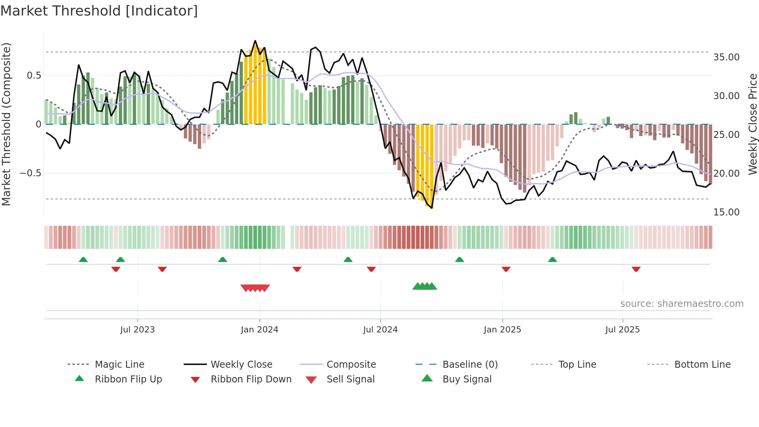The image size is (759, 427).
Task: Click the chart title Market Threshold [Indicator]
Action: (99, 11)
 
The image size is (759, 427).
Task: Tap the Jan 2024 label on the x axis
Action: (259, 330)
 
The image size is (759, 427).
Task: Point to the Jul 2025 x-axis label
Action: (622, 330)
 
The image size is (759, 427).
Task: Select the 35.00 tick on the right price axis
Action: (726, 57)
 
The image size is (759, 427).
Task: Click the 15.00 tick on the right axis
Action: (726, 212)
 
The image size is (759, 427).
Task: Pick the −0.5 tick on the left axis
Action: (30, 173)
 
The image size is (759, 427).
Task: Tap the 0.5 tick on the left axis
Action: (34, 76)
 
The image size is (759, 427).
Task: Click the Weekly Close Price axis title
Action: (752, 124)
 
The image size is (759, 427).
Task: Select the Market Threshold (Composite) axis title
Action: (6, 124)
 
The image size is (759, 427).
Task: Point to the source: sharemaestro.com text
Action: (682, 304)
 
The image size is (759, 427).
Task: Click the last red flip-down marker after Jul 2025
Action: (636, 269)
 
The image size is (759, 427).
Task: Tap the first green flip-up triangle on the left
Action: (83, 260)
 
